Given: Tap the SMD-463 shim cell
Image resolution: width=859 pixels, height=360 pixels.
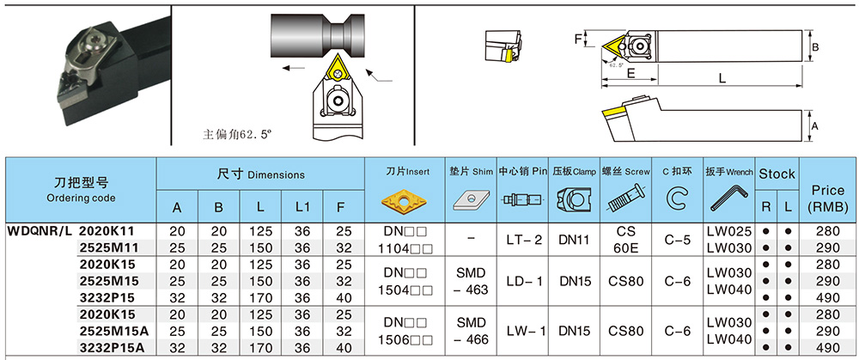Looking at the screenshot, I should [x=471, y=281].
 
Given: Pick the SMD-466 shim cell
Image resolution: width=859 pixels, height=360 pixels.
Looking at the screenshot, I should [x=471, y=331].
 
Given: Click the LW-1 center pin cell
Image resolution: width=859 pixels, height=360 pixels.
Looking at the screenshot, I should [x=524, y=331].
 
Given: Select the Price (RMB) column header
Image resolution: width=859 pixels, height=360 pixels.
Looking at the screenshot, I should [x=828, y=198].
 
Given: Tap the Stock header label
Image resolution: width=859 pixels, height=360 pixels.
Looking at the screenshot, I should [x=777, y=174].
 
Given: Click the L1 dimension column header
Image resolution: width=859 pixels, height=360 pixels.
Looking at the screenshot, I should [x=302, y=207].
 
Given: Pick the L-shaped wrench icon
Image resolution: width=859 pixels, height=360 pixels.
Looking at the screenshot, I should [x=728, y=200].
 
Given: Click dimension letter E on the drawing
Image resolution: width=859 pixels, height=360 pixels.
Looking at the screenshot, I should [x=630, y=74].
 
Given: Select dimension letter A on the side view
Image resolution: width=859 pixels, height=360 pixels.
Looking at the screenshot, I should [x=814, y=126].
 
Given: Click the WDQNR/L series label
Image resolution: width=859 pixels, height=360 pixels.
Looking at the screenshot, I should [x=40, y=231].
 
